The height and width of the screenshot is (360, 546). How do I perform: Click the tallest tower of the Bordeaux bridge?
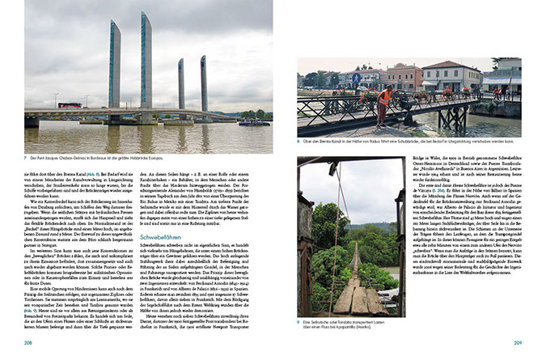[x=146, y=61]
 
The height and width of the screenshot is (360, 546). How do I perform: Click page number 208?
[x=28, y=343]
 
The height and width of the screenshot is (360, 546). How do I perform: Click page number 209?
[x=518, y=343]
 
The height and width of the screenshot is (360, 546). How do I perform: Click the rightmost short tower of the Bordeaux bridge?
[x=203, y=81]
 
